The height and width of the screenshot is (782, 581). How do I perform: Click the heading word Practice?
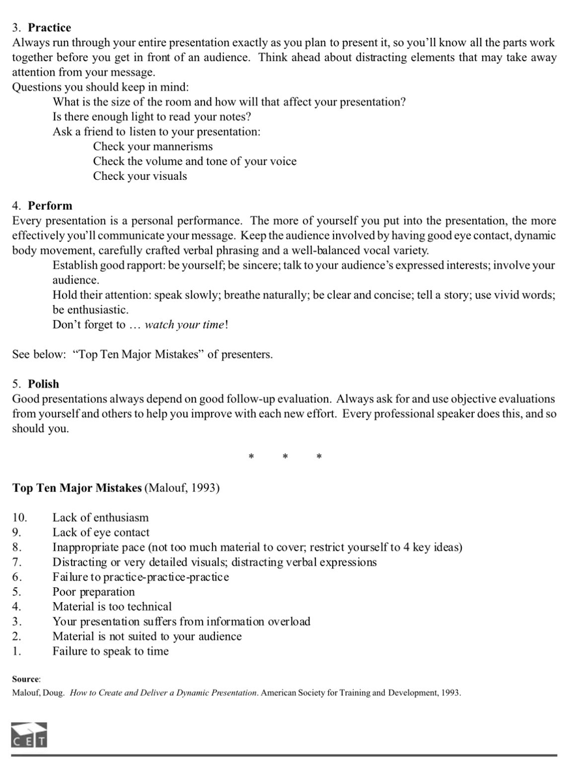pos(50,27)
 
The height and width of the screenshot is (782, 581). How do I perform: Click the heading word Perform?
pos(50,205)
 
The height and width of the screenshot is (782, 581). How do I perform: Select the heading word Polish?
pos(44,384)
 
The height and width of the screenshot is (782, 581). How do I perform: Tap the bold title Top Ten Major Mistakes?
pos(77,487)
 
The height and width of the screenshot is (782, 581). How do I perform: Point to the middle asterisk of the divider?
pos(285,457)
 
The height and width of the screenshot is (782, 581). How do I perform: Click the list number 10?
pos(20,517)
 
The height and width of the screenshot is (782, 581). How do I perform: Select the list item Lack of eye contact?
pos(101,532)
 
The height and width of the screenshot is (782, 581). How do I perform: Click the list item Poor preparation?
pos(94,592)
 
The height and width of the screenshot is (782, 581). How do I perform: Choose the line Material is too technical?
pos(112,607)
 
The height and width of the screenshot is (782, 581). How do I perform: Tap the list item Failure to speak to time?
pos(110,651)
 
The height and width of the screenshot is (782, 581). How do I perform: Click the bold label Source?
pos(26,679)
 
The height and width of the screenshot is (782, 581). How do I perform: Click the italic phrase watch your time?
pos(185,325)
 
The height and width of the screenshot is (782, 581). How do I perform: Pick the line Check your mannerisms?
pos(152,147)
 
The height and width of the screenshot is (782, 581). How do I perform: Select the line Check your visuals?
pos(139,176)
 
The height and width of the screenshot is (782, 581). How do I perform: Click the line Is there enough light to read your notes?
pos(152,117)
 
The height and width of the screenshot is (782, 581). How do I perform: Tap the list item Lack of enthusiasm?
pos(100,517)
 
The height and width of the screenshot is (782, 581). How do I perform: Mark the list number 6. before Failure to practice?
pos(18,577)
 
